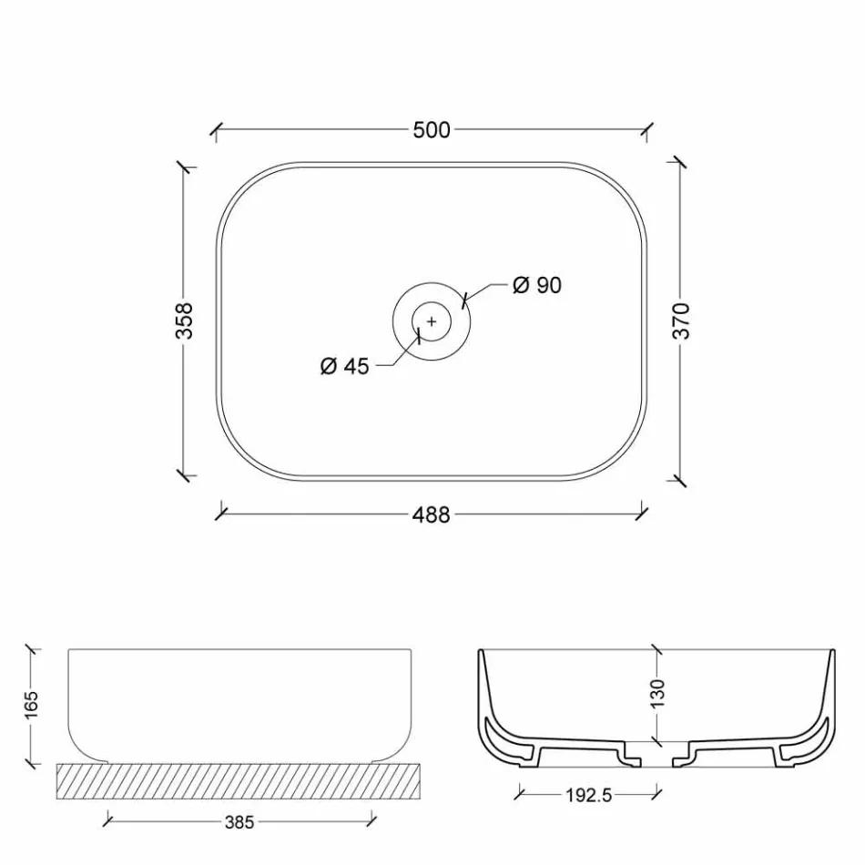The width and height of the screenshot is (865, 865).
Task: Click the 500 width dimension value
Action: click(432, 130)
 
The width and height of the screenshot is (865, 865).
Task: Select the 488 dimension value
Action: click(432, 515)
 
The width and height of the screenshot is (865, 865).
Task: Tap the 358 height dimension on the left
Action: click(185, 321)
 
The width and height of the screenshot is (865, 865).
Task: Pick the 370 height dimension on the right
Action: click(682, 321)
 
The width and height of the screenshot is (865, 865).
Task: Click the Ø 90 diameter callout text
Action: click(536, 286)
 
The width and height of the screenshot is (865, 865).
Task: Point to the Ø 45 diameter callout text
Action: click(345, 367)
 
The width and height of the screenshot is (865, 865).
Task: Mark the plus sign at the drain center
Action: click(432, 321)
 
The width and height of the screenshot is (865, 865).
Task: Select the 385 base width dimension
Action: click(239, 822)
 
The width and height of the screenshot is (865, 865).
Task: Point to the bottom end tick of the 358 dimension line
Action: click(186, 475)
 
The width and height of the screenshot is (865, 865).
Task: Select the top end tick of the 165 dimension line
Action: click(32, 649)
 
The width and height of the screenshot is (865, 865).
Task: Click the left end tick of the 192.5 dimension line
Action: click(520, 794)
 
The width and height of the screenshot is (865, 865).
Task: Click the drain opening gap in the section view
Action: click(657, 753)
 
